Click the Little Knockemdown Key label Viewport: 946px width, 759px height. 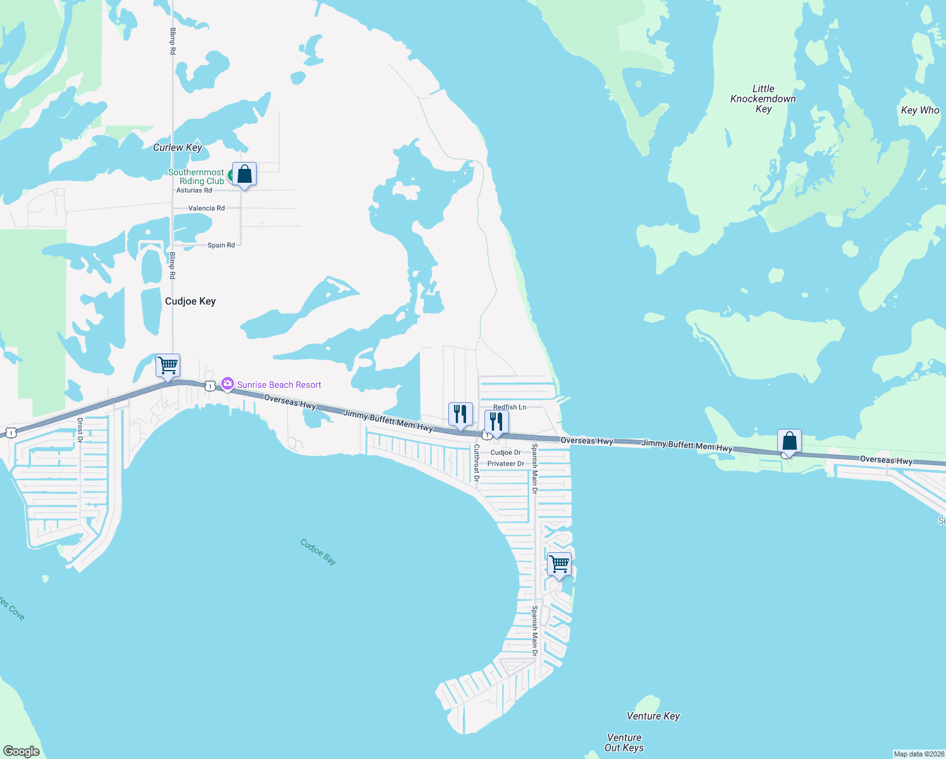(x=763, y=99)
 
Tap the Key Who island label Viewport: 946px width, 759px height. (x=920, y=110)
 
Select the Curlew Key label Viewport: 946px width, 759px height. (x=178, y=147)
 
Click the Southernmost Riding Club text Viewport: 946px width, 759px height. (x=197, y=176)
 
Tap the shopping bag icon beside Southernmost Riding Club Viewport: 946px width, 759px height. (x=244, y=175)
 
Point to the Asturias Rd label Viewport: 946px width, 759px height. (x=194, y=190)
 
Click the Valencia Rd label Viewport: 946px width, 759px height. (x=206, y=208)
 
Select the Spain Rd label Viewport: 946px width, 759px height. (x=221, y=245)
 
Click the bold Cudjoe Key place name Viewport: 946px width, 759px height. (x=190, y=301)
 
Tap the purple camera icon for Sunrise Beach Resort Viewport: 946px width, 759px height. (x=228, y=384)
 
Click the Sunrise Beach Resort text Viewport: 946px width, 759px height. (x=279, y=385)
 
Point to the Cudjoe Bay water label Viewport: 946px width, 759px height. (x=318, y=552)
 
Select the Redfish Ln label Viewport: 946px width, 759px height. (x=510, y=407)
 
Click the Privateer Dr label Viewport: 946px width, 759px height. (x=506, y=464)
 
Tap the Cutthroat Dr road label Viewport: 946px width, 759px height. (x=477, y=462)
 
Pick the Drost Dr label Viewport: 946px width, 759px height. (x=80, y=425)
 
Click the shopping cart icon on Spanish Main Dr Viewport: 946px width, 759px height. (x=559, y=564)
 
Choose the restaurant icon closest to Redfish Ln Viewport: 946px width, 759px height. (x=496, y=421)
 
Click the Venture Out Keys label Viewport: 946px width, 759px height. (x=624, y=743)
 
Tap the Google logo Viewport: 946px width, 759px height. (x=21, y=751)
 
